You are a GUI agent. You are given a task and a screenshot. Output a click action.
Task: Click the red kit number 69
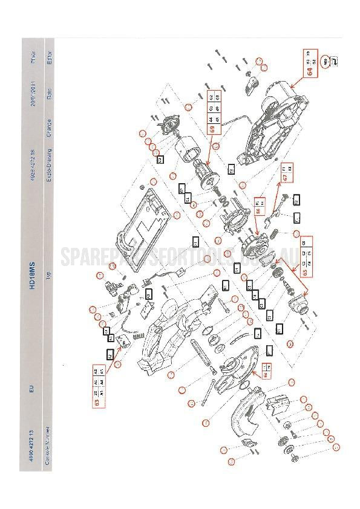(212, 128)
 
